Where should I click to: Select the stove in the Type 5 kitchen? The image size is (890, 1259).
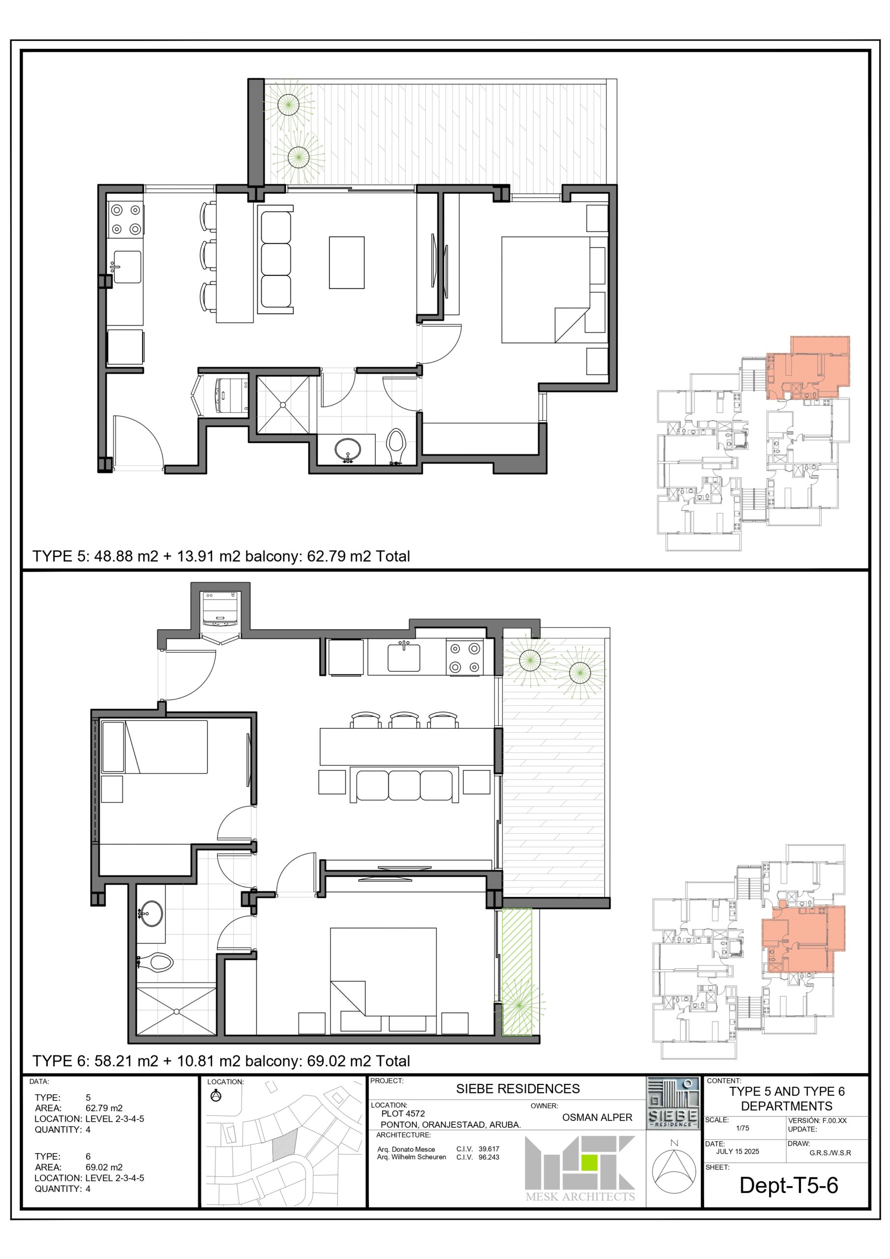(125, 219)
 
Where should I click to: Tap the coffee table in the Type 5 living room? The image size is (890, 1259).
(347, 263)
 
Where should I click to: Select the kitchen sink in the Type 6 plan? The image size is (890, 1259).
(404, 657)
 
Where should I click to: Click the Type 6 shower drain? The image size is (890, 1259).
(177, 1011)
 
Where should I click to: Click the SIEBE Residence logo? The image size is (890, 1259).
(673, 1103)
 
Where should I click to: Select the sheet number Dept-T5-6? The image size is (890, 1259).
(789, 1186)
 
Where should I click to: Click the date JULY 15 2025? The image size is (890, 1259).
(737, 1151)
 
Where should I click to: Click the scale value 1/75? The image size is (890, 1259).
(742, 1129)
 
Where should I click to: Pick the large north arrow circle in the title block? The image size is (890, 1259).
(674, 1172)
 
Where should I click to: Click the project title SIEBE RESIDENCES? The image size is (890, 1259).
(518, 1089)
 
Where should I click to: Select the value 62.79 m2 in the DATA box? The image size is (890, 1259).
(104, 1108)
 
